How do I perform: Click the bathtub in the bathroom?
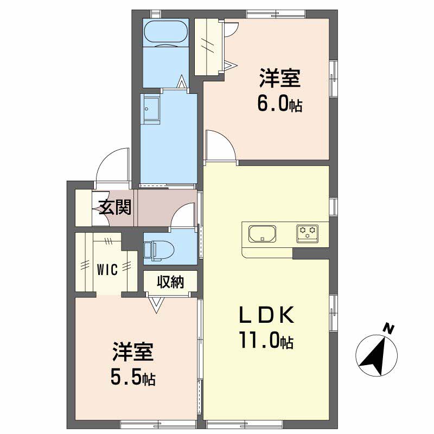166,33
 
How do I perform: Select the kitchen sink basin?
262,234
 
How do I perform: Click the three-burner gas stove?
307,234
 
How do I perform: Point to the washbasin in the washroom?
151,109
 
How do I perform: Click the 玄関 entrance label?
115,207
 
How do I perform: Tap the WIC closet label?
107,269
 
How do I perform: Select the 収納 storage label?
170,282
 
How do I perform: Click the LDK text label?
266,315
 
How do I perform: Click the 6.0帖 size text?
279,104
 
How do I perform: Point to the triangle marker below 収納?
156,305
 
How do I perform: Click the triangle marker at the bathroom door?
182,81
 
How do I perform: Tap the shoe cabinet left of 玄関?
84,208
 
